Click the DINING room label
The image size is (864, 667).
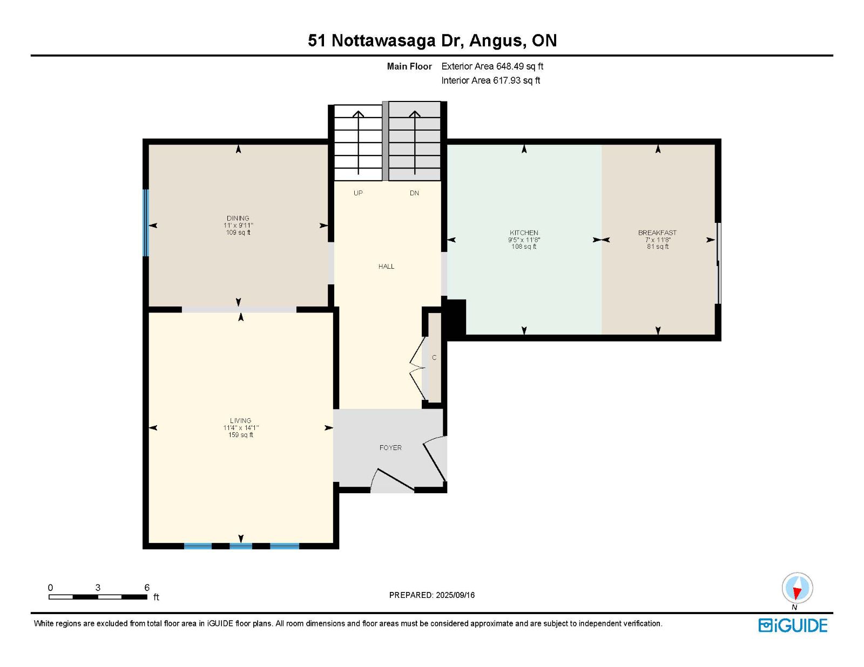pos(238,218)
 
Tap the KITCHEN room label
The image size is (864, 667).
pos(524,233)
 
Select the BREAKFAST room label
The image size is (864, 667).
pos(657,233)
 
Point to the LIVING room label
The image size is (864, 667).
pos(240,421)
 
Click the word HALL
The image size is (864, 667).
pos(386,267)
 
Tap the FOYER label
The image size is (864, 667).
pos(390,448)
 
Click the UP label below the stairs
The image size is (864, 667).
pos(358,193)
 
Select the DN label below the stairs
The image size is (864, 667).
pos(414,193)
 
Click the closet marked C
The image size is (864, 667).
pos(434,358)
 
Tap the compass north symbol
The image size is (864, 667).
pos(797,589)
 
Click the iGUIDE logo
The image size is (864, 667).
pos(793,625)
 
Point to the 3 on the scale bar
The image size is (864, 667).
pos(98,588)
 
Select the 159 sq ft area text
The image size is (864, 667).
pos(240,435)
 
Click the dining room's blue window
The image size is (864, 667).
pos(145,223)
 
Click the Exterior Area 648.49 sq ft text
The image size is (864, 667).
pos(492,66)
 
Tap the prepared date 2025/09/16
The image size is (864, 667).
pos(455,595)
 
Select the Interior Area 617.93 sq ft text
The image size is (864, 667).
pos(491,80)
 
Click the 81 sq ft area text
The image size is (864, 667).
pos(658,247)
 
